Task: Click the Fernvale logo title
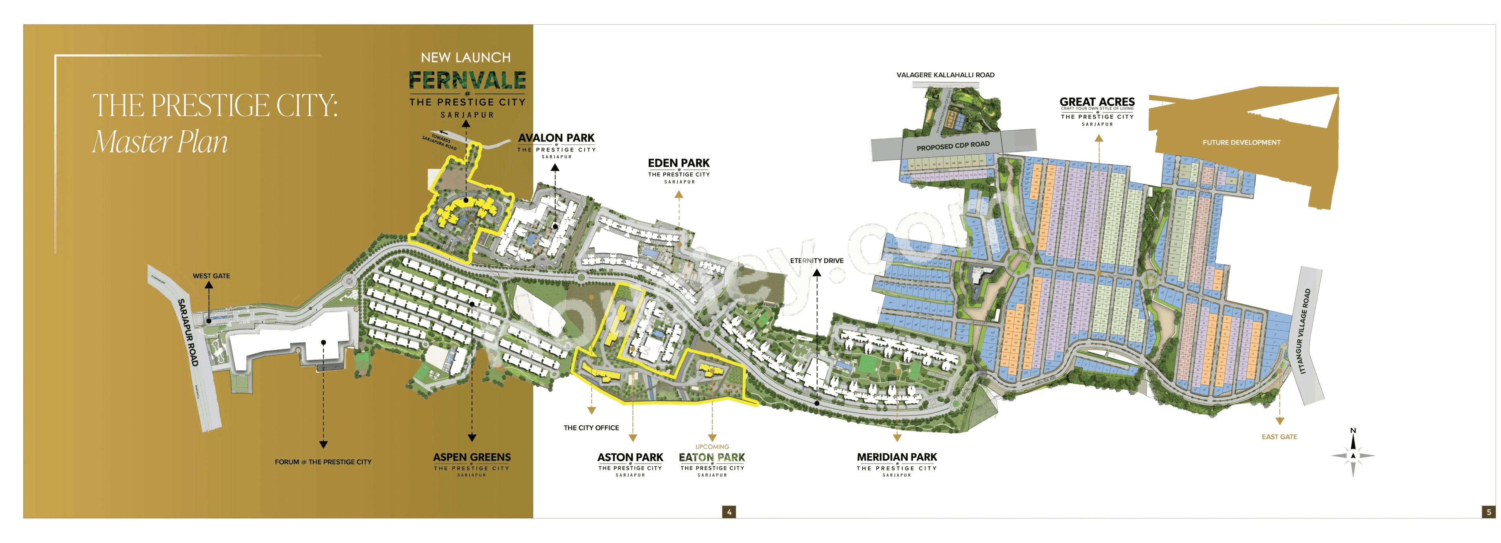pyautogui.click(x=467, y=81)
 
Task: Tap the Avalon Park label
pyautogui.click(x=557, y=138)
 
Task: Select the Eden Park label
pyautogui.click(x=679, y=163)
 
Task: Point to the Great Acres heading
pyautogui.click(x=1097, y=102)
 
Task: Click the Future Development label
pyautogui.click(x=1241, y=142)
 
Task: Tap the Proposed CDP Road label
pyautogui.click(x=953, y=146)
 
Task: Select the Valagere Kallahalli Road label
pyautogui.click(x=945, y=75)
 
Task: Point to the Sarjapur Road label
pyautogui.click(x=188, y=333)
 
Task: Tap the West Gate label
pyautogui.click(x=211, y=276)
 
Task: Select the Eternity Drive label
pyautogui.click(x=816, y=261)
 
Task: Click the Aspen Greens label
pyautogui.click(x=472, y=458)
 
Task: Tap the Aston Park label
pyautogui.click(x=630, y=458)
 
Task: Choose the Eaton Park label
pyautogui.click(x=712, y=458)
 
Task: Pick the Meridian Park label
pyautogui.click(x=897, y=457)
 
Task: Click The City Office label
pyautogui.click(x=591, y=428)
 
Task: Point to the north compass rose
pyautogui.click(x=1353, y=455)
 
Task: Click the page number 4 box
pyautogui.click(x=728, y=512)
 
